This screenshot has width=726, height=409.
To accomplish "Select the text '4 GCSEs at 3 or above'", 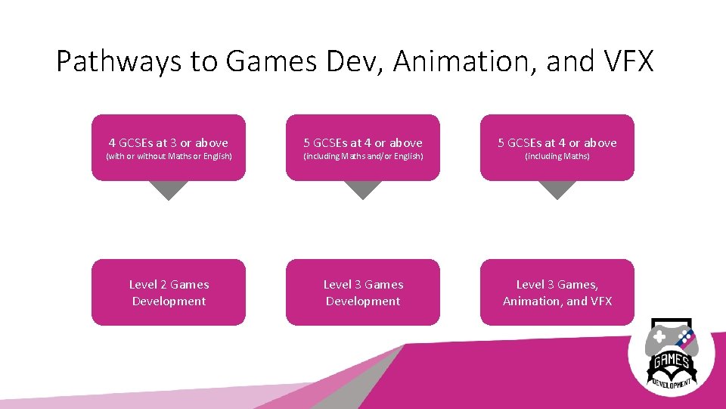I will pos(169,142).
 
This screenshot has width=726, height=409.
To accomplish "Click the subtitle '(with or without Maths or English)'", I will pos(169,157).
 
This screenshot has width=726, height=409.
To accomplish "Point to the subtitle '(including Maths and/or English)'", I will pos(363,157).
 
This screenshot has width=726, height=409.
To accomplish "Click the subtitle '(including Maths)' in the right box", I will pos(557,157).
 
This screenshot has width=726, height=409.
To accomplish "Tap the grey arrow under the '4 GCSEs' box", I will pos(169,190).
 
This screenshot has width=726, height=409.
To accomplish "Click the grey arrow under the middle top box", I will pos(363,190).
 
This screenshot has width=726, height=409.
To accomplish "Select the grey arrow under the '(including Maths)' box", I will pos(557,190).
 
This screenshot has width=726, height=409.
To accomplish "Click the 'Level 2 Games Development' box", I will pos(169,292).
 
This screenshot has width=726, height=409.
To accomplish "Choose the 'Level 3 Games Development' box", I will pos(363,292).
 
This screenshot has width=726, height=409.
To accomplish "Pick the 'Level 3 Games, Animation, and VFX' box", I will pos(557,292).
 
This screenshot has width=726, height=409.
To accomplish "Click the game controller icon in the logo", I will pos(672,339).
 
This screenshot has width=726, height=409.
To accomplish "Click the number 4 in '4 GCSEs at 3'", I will pos(113,142).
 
